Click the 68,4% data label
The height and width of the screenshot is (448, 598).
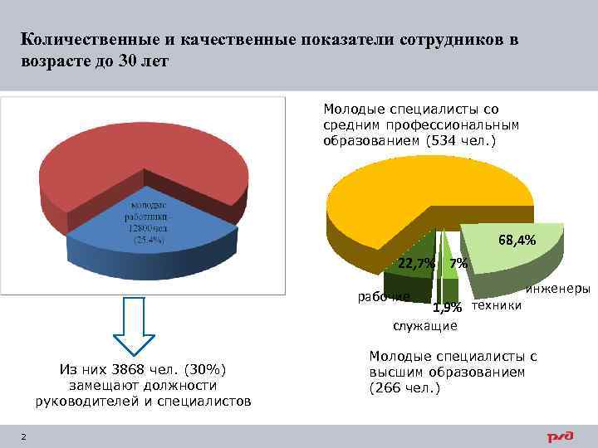tap(517, 241)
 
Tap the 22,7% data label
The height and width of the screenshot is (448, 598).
tap(416, 264)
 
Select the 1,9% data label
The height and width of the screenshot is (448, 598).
tap(447, 308)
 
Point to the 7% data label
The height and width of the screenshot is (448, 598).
tap(458, 264)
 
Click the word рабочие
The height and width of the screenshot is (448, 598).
tap(383, 296)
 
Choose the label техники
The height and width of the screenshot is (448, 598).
tap(497, 305)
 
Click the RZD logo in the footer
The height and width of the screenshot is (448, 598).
tap(563, 436)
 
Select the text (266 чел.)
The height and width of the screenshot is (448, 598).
tap(405, 387)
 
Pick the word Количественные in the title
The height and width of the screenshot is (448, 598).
tap(88, 41)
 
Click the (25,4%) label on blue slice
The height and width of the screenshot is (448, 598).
tap(149, 239)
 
